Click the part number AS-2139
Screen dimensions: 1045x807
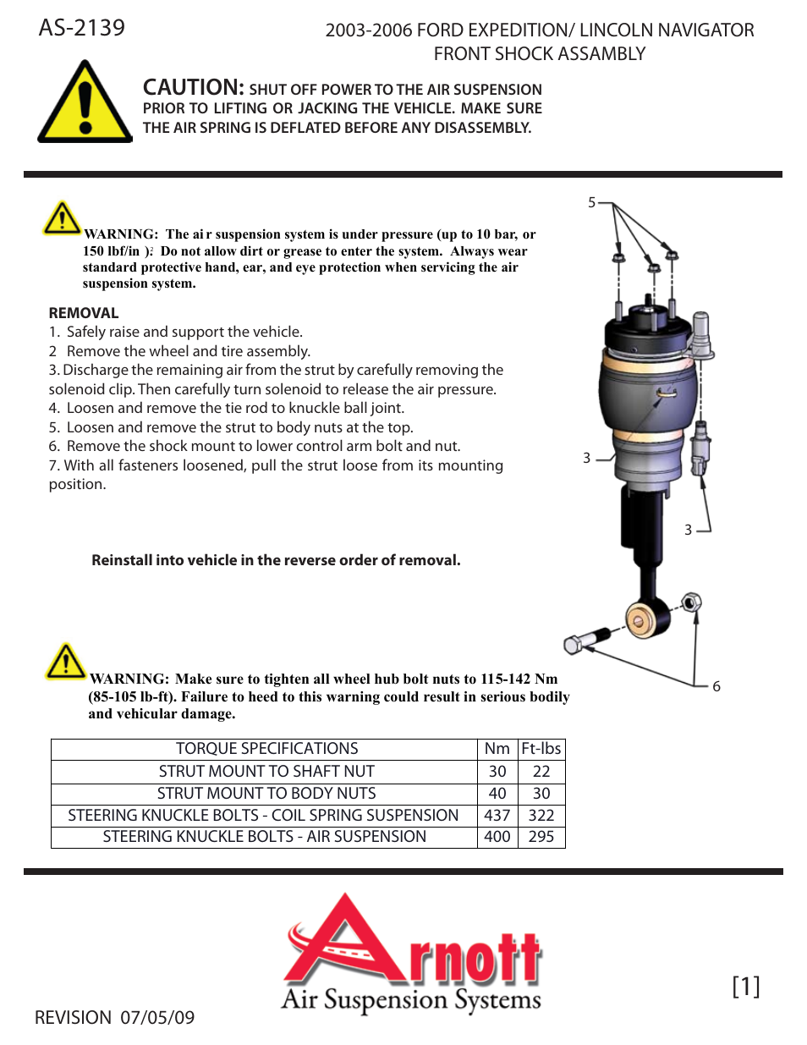(81, 28)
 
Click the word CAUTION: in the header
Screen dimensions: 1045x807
(193, 87)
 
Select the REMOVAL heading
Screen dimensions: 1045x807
(84, 313)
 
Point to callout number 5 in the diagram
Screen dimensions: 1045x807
(592, 203)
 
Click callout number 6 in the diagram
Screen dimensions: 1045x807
(716, 686)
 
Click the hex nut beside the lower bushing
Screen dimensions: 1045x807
(691, 602)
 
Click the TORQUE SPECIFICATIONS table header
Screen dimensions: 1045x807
(266, 749)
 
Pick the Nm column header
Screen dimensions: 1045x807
(497, 749)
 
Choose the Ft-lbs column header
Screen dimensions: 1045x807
(541, 749)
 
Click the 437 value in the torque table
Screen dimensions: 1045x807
(497, 816)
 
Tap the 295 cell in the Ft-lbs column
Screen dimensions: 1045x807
(541, 837)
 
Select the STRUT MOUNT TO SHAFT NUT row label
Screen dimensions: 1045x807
(266, 772)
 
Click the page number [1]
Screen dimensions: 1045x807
(745, 986)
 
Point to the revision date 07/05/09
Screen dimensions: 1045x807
(157, 1018)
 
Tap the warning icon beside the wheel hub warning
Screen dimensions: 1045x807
(65, 662)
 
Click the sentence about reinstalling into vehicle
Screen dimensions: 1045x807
(276, 560)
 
